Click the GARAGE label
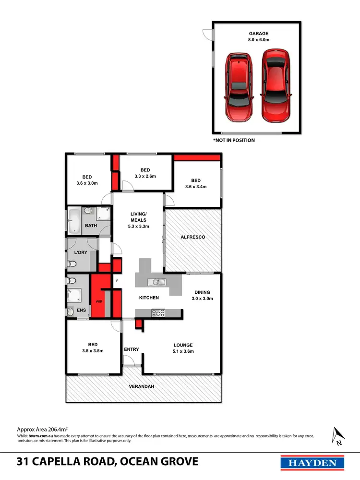[258, 37]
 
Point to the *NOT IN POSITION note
[234, 140]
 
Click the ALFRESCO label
[193, 237]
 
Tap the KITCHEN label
[149, 298]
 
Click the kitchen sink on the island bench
[156, 281]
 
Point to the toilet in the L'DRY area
[71, 264]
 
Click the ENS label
[82, 311]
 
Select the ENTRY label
[131, 349]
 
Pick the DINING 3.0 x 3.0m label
[203, 295]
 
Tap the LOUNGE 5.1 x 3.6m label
[183, 348]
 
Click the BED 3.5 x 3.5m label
[93, 348]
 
